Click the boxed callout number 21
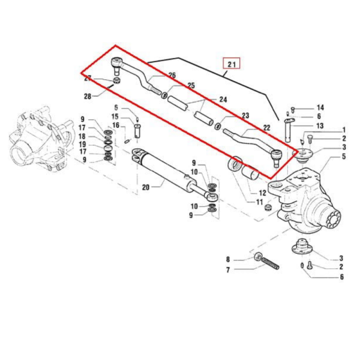click(x=232, y=62)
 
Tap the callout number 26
click(x=172, y=76)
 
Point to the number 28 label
click(x=88, y=95)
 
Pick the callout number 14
click(x=320, y=107)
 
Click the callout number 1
click(x=344, y=130)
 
